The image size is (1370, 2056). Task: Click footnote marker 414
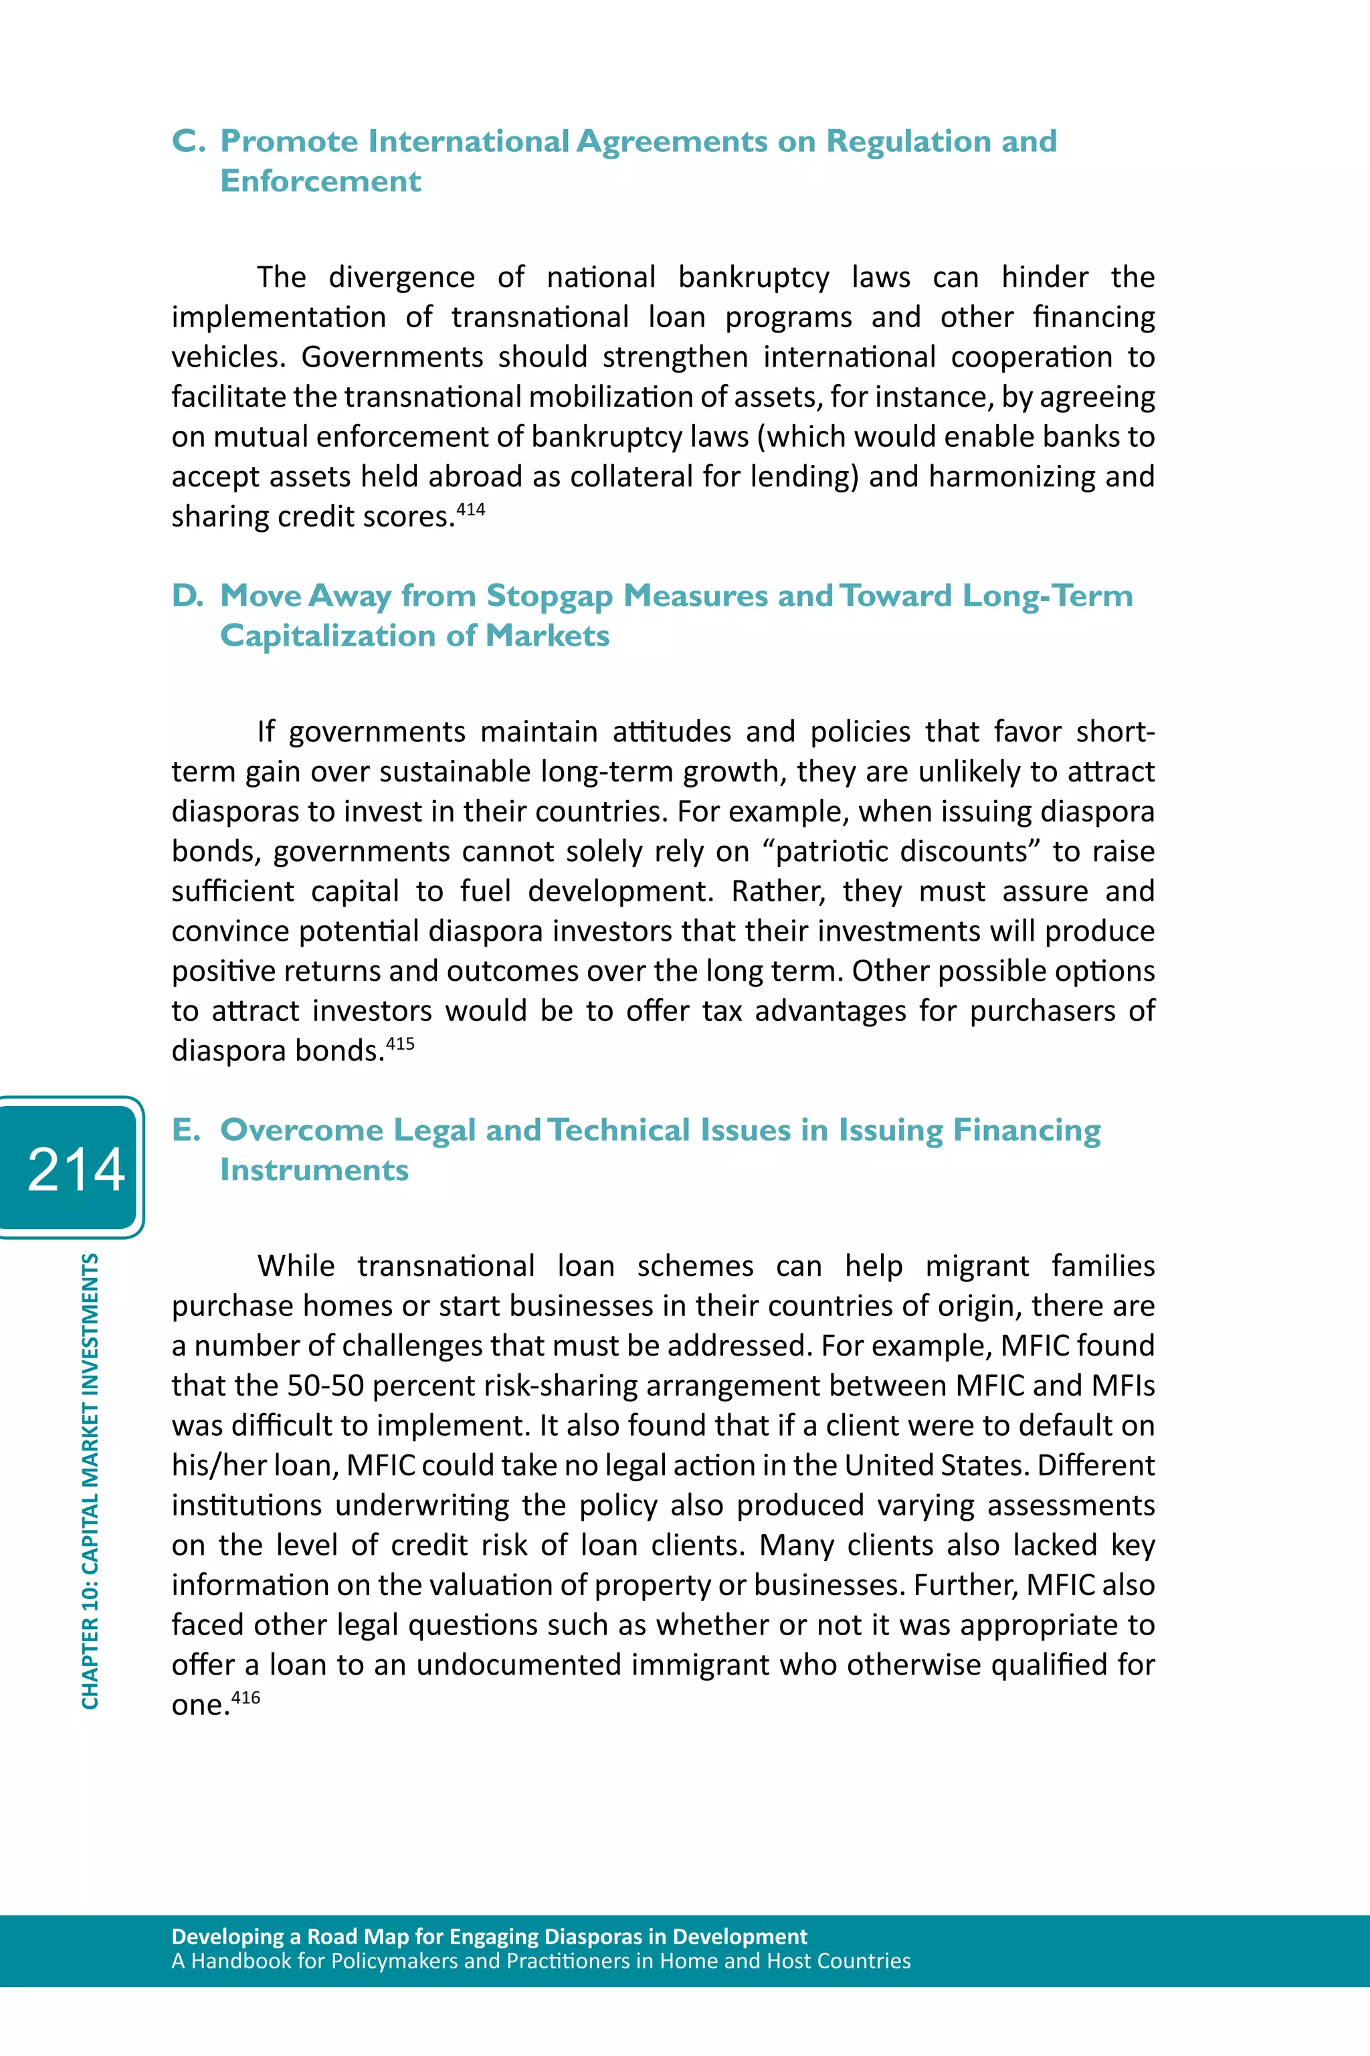(x=470, y=509)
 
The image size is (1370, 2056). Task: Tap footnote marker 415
(x=400, y=1043)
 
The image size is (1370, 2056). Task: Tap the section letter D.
(x=187, y=596)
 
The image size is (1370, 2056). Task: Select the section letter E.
(x=185, y=1130)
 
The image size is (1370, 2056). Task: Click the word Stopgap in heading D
(x=550, y=596)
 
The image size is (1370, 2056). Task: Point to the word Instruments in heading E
(x=314, y=1170)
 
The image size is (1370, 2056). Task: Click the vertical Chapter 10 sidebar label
(x=90, y=1481)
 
